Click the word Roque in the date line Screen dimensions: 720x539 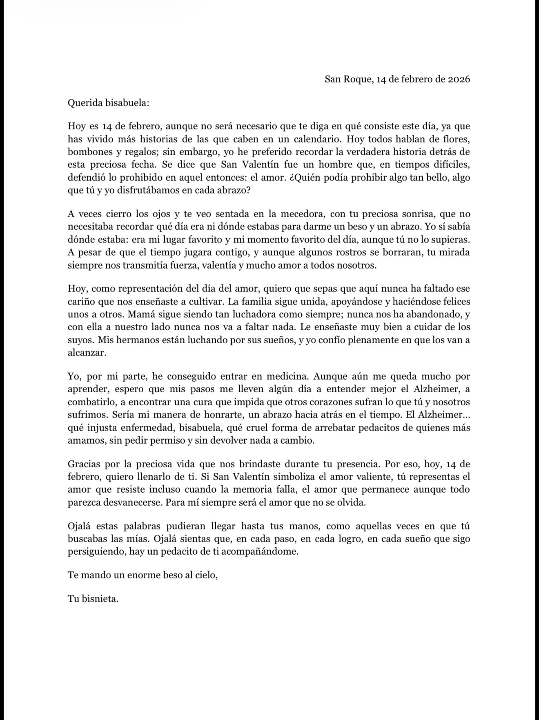pos(357,79)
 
